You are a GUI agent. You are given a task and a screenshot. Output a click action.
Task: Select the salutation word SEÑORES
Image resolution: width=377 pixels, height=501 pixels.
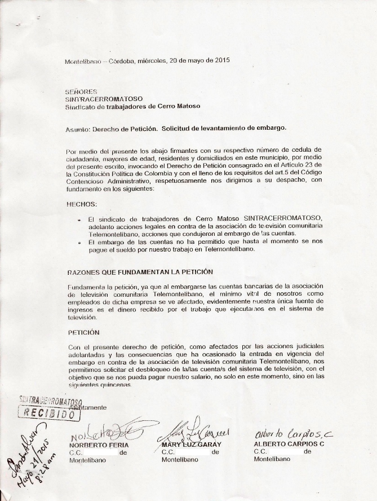[x=74, y=91]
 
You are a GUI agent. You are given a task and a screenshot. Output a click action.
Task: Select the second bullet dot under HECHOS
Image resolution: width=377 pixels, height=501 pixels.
[x=81, y=242]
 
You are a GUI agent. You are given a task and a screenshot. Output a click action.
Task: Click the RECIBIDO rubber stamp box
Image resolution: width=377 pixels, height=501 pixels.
[x=50, y=413]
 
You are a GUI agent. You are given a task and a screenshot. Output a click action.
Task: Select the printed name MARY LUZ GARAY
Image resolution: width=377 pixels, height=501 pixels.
[x=188, y=444]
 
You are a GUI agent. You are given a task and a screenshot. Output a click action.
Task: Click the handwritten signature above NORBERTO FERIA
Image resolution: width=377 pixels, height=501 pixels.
[x=107, y=432]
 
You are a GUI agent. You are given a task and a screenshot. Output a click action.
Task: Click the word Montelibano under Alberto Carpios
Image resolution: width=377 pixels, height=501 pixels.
[x=272, y=459]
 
